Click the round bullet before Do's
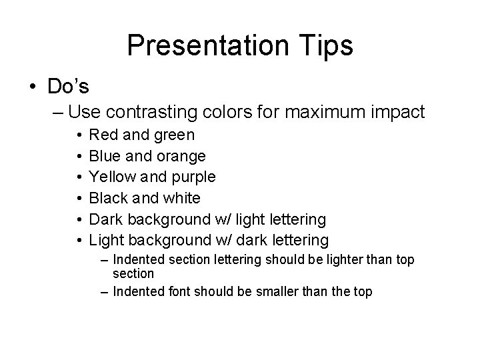click(x=32, y=86)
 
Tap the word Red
click(x=103, y=135)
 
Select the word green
click(x=172, y=136)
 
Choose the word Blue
click(x=105, y=156)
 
